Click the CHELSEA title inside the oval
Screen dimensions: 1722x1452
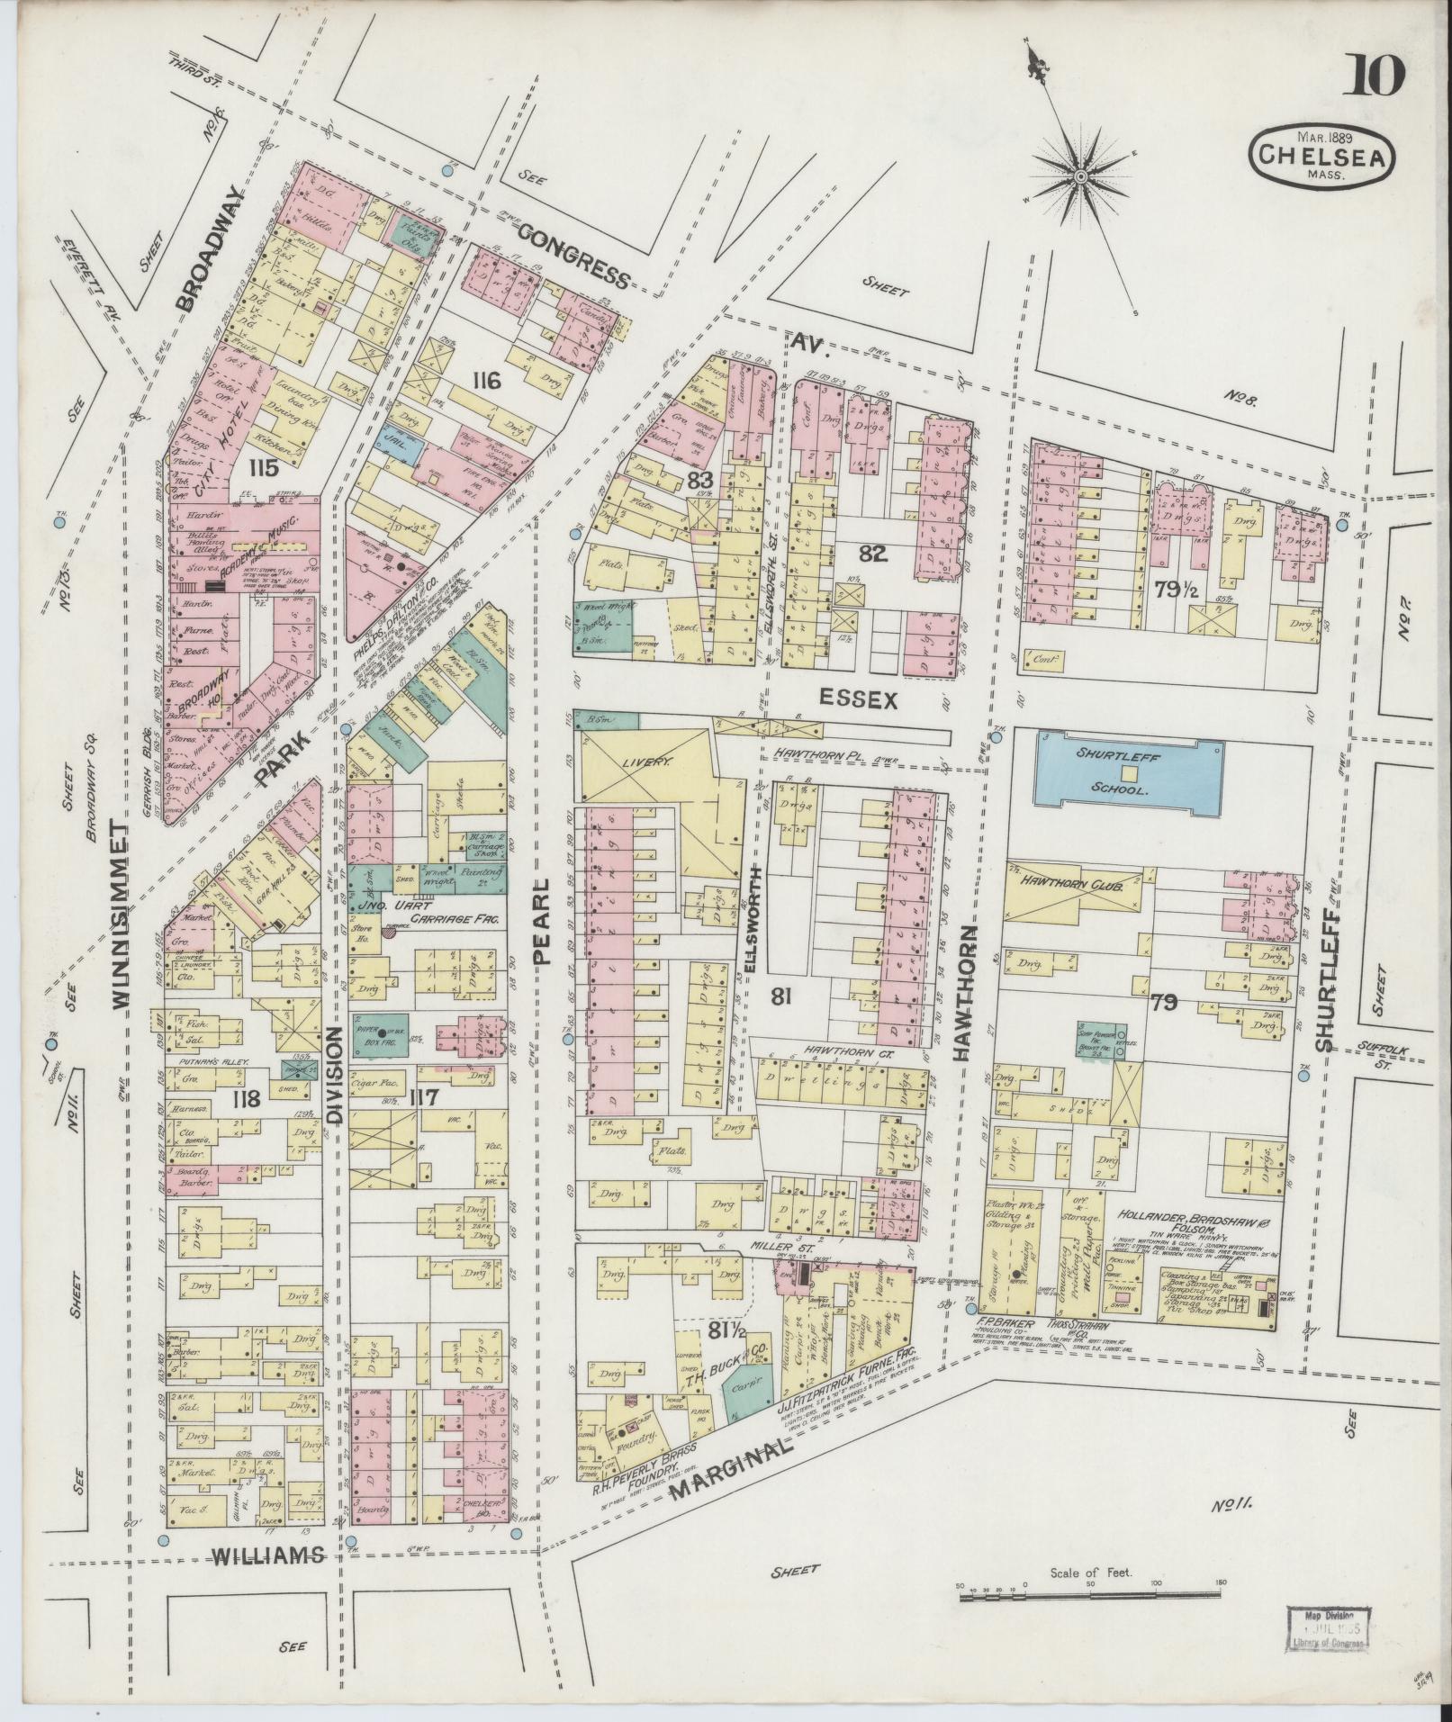[x=1321, y=156]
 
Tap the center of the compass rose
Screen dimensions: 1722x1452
[x=1079, y=176]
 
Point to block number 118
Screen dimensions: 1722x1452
[x=245, y=1098]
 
